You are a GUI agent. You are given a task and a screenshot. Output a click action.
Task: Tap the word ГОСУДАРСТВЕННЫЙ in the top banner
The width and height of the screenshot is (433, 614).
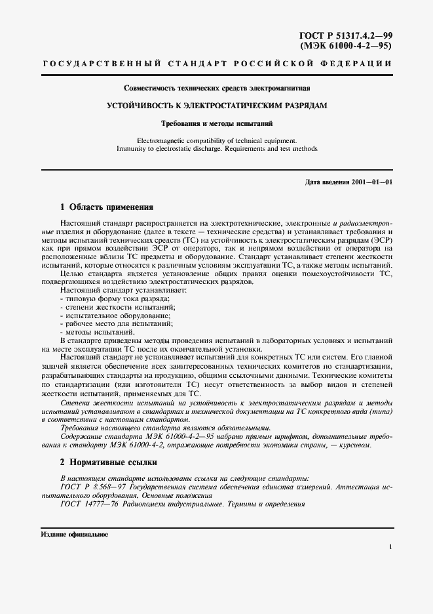pyautogui.click(x=102, y=64)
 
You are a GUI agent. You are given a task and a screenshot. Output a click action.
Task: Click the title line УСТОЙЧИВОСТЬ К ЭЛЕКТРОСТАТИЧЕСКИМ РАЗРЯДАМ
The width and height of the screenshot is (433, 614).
pyautogui.click(x=216, y=105)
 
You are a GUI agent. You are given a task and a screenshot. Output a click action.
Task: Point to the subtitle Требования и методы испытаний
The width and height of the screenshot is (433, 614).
pyautogui.click(x=216, y=123)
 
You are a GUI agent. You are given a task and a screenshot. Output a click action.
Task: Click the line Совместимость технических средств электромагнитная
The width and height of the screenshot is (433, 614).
pyautogui.click(x=216, y=88)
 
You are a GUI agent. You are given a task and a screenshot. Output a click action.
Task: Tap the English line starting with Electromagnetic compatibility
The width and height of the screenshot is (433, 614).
pyautogui.click(x=216, y=140)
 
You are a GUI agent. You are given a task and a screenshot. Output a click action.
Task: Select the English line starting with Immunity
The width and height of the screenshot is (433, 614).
pyautogui.click(x=216, y=149)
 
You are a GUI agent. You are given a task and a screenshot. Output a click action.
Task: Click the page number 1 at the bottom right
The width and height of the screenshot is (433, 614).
pyautogui.click(x=390, y=546)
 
